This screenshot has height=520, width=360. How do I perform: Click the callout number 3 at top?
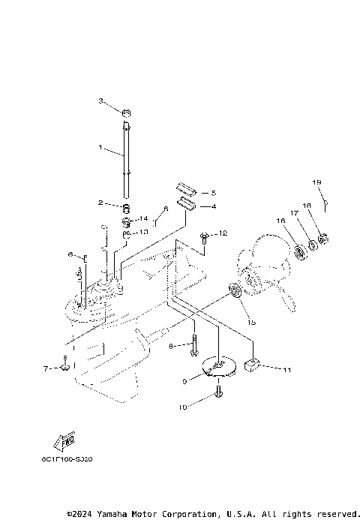[100, 101]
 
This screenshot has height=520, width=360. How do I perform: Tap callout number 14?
[144, 218]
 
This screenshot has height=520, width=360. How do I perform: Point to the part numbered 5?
[187, 188]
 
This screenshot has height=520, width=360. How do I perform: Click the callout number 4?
[213, 206]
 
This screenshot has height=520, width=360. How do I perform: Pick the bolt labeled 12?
[204, 236]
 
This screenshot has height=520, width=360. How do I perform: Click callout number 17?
[295, 214]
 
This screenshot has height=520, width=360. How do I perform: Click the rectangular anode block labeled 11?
[251, 366]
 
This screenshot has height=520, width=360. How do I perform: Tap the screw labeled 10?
[219, 391]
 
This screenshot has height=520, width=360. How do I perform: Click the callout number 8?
[171, 345]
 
